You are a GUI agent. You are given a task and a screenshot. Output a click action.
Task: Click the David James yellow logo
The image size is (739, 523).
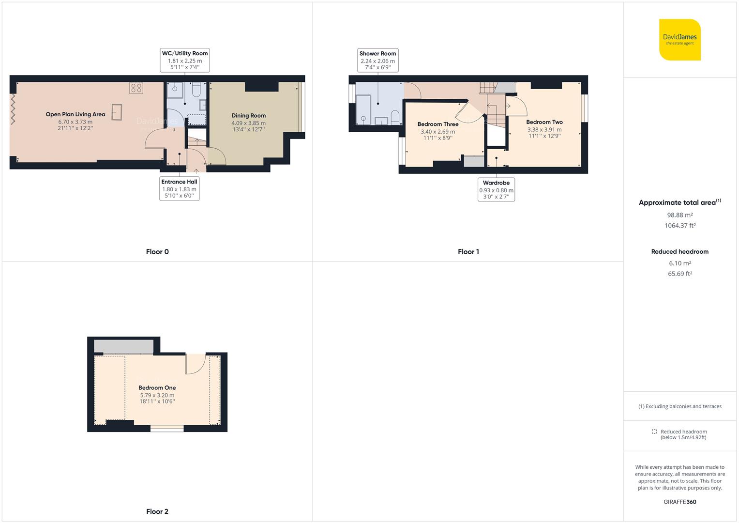pyautogui.click(x=679, y=40)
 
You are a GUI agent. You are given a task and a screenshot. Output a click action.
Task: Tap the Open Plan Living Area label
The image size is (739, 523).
pyautogui.click(x=75, y=114)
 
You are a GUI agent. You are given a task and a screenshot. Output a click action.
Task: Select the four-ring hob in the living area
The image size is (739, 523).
pyautogui.click(x=136, y=88)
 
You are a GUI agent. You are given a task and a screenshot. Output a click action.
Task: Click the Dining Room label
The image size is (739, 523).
pyautogui.click(x=248, y=116)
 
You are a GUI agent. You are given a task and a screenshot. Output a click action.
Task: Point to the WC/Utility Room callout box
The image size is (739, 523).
pyautogui.click(x=185, y=60)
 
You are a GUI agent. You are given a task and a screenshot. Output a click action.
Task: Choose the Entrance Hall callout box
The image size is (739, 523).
pyautogui.click(x=179, y=188)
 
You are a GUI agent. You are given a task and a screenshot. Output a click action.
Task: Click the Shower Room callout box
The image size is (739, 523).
pyautogui.click(x=378, y=60)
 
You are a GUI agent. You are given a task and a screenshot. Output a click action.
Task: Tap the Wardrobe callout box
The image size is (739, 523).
pyautogui.click(x=496, y=189)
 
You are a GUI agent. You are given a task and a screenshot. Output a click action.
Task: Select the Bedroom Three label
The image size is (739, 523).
pyautogui.click(x=438, y=124)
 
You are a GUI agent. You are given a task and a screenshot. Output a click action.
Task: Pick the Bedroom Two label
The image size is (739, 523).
pyautogui.click(x=544, y=122)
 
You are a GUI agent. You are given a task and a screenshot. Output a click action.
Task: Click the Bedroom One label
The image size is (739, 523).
pyautogui.click(x=157, y=387)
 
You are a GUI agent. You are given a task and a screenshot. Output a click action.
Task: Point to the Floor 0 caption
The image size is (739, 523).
pyautogui.click(x=157, y=252)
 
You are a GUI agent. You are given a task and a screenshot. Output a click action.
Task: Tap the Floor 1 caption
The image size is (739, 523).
pyautogui.click(x=468, y=252)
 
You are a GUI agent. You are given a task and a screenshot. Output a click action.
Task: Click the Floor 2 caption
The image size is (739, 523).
pyautogui.click(x=157, y=511)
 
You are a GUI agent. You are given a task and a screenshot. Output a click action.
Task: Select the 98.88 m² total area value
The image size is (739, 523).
pyautogui.click(x=680, y=215)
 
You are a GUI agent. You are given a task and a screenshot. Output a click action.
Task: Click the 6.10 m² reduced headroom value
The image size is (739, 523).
pyautogui.click(x=680, y=263)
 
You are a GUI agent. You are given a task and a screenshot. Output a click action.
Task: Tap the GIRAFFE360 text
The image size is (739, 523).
pyautogui.click(x=680, y=502)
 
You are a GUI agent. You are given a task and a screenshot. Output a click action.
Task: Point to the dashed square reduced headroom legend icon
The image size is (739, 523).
pyautogui.click(x=654, y=431)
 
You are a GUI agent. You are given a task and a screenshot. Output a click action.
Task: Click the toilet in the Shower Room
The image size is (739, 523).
pyautogui.click(x=395, y=117)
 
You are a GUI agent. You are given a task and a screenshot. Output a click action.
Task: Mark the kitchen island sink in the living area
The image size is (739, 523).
pyautogui.click(x=117, y=112)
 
